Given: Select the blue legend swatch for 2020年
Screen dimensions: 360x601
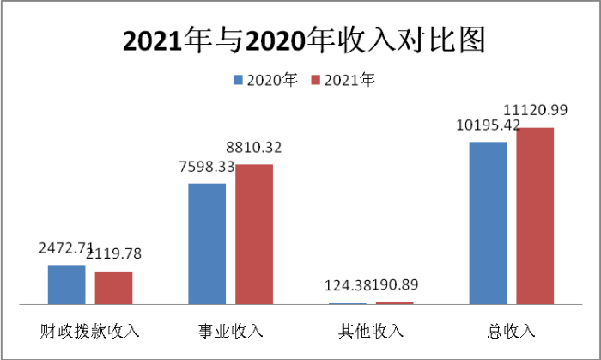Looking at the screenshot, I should (x=238, y=81).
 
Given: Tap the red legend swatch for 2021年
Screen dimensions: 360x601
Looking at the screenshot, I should (x=315, y=81).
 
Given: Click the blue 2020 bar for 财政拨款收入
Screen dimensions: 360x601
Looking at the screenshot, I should (x=66, y=285).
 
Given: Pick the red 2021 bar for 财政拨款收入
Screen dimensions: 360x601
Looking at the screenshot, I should (x=113, y=288).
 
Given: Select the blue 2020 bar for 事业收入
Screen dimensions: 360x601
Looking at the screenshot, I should (x=207, y=244).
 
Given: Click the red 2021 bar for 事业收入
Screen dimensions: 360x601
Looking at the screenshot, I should (x=254, y=234).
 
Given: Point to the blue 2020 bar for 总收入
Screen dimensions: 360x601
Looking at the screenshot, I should (x=488, y=223).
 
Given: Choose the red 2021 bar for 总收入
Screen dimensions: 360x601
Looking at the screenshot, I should (x=535, y=216).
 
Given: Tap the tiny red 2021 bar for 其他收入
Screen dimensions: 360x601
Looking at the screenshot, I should (x=395, y=302).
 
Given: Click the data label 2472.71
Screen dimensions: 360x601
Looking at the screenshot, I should (x=65, y=249).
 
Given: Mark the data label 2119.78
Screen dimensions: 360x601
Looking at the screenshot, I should (x=114, y=253).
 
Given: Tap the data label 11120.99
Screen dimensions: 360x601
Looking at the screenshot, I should (x=536, y=110).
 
